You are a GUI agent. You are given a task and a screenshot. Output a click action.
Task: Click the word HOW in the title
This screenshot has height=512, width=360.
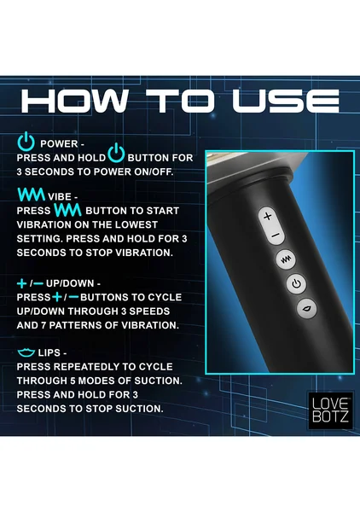pyautogui.click(x=74, y=100)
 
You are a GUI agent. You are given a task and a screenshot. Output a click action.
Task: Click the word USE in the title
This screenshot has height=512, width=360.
pyautogui.click(x=286, y=100)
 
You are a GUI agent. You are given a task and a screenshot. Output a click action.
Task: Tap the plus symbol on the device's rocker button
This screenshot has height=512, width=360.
pyautogui.click(x=267, y=216)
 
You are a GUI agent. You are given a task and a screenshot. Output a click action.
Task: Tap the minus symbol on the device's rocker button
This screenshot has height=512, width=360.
pyautogui.click(x=276, y=235)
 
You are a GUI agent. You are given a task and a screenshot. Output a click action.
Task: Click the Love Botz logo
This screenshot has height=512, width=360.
pyautogui.click(x=331, y=410)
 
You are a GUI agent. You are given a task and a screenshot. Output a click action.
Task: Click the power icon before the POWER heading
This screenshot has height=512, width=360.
pyautogui.click(x=26, y=141)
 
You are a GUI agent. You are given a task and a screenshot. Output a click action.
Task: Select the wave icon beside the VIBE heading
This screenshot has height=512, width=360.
pyautogui.click(x=31, y=195)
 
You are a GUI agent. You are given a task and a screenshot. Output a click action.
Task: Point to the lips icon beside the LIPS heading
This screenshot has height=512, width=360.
pyautogui.click(x=26, y=352)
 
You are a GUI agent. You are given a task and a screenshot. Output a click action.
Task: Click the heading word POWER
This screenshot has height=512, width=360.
pyautogui.click(x=59, y=143)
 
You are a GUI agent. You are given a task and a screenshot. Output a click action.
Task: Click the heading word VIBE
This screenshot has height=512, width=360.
pyautogui.click(x=60, y=196)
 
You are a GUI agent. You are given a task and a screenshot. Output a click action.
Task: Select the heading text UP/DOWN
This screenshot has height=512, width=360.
pyautogui.click(x=70, y=283)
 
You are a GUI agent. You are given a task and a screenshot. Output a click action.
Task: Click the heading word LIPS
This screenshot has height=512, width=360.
pyautogui.click(x=49, y=352)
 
